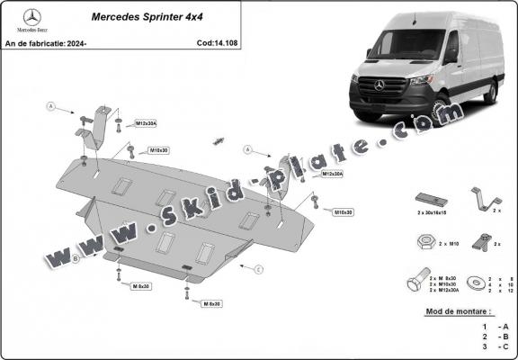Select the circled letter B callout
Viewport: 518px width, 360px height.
76,258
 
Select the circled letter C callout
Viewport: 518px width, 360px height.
258,269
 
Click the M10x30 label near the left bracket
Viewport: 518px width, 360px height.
160,149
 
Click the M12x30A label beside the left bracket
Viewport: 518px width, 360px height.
147,122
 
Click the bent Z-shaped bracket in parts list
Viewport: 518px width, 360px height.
481,198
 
